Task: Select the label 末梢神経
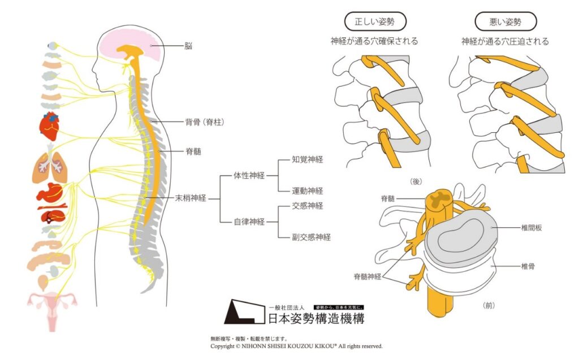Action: pos(190,198)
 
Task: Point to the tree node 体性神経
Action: pos(249,176)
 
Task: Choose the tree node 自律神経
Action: pos(249,222)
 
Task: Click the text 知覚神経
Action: pos(308,160)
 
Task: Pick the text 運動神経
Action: pos(308,191)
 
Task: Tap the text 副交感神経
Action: pos(312,237)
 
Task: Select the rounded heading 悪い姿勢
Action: pos(505,22)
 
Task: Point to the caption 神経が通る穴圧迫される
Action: pos(505,41)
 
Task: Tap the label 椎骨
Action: pos(528,265)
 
